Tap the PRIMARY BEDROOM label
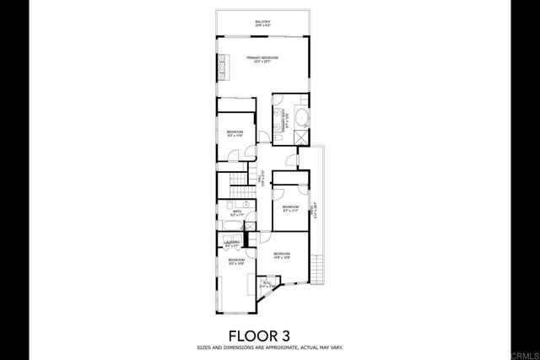tap(262, 58)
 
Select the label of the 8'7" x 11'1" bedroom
tap(290, 208)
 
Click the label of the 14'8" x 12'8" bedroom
tap(282, 255)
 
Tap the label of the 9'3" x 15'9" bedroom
tap(235, 261)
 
